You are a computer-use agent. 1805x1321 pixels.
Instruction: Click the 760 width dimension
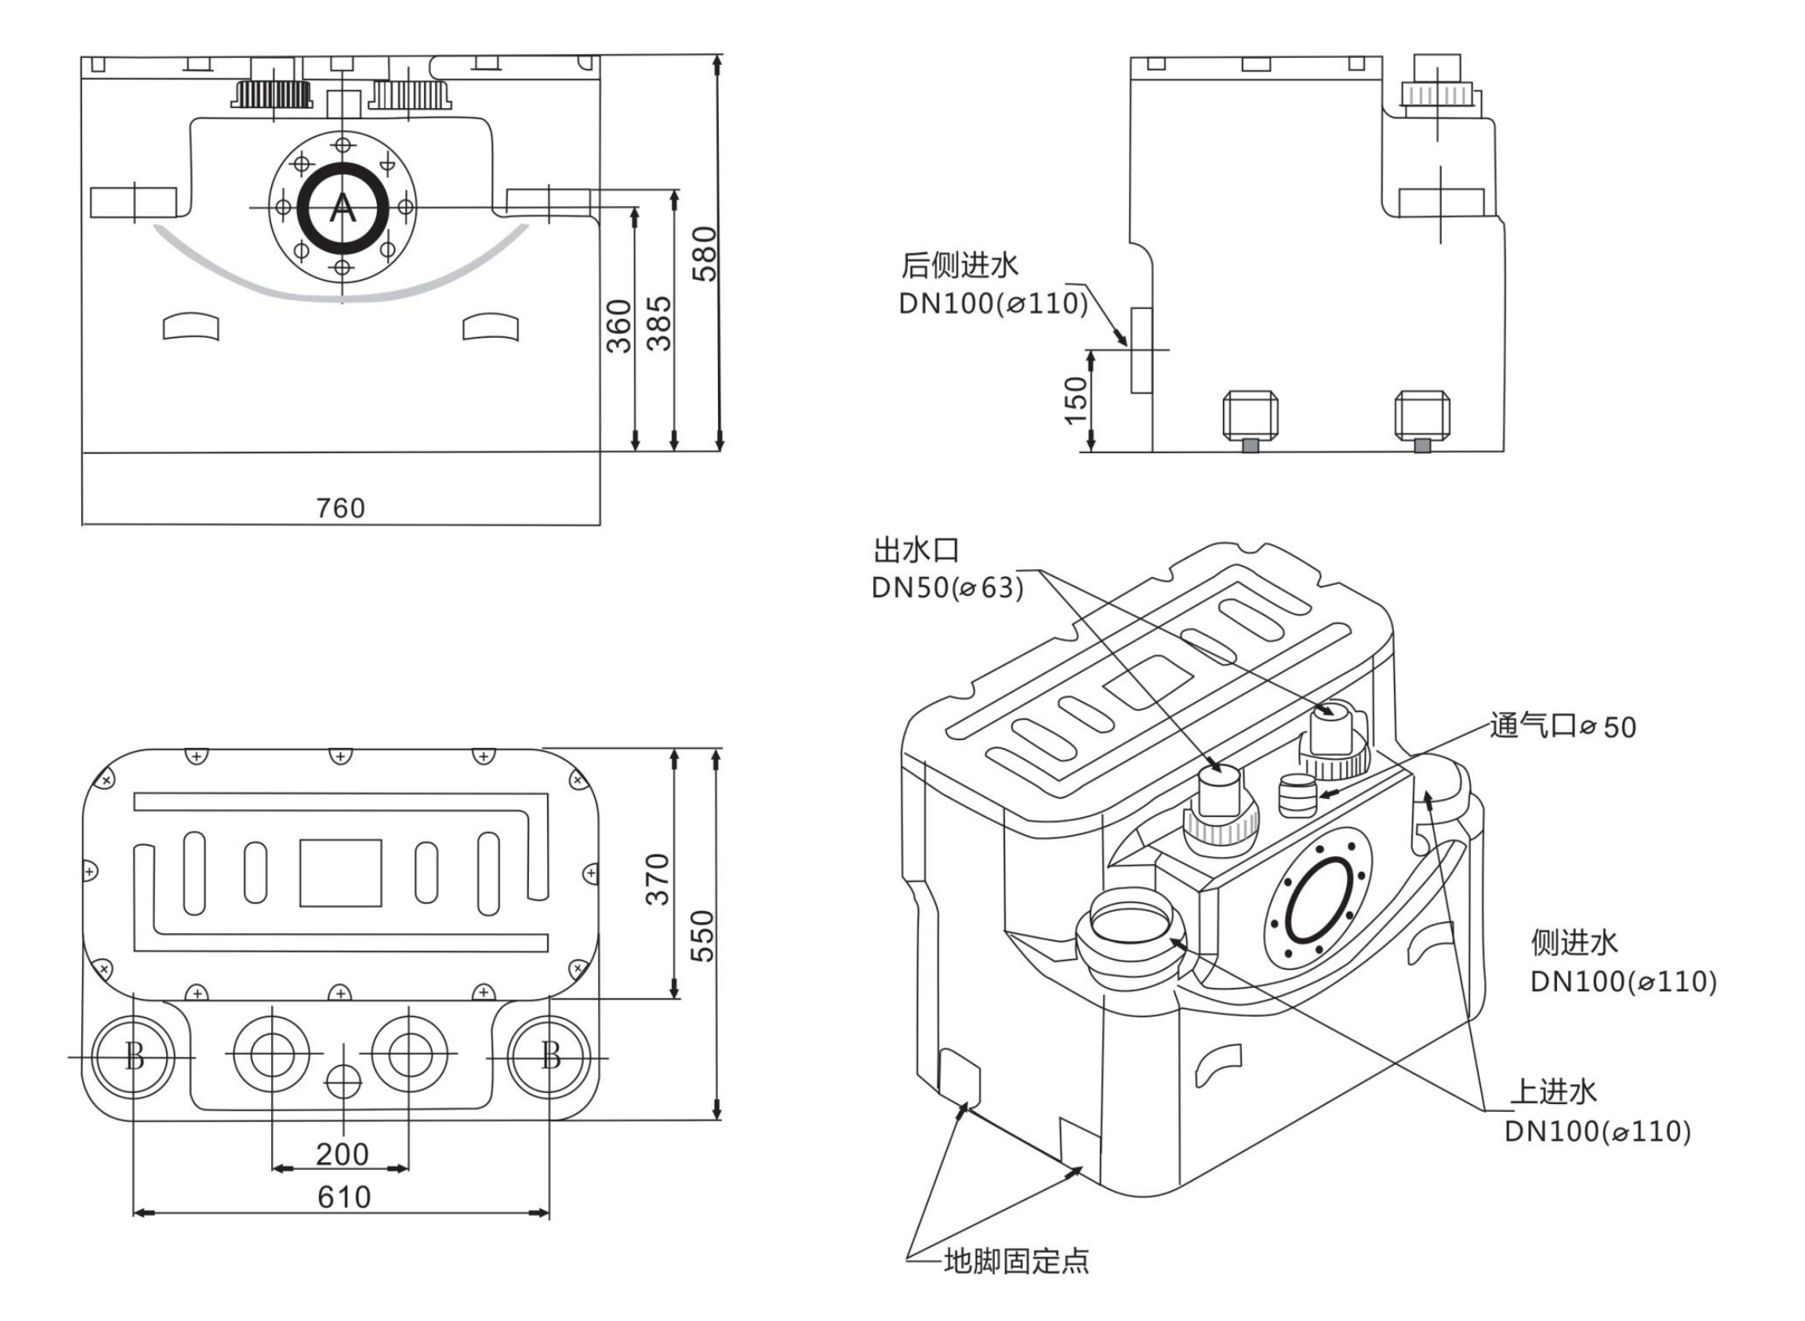coord(340,508)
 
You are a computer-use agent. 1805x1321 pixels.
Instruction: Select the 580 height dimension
coord(705,254)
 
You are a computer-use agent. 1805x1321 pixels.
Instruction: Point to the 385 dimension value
coord(659,323)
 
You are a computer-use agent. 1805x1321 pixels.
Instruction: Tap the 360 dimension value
coord(619,326)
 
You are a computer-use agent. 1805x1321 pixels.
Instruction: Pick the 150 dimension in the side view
coord(1077,400)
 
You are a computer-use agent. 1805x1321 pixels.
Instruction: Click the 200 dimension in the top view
coord(342,1154)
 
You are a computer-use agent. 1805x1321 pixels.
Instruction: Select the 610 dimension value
coord(344,1197)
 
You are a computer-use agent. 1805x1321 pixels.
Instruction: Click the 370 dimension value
coord(658,880)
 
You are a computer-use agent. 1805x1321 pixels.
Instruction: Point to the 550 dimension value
coord(701,936)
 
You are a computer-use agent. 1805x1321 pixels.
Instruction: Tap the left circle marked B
coord(134,1057)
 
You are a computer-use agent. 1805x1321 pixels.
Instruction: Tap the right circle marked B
coord(550,1057)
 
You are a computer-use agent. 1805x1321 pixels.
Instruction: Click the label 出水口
coord(915,550)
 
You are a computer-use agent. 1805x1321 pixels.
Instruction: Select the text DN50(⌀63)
coord(947,587)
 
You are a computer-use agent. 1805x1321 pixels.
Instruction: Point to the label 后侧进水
coord(960,265)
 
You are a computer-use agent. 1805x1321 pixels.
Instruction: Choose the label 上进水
coord(1552,1091)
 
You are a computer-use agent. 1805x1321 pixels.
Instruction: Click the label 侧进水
coord(1574,942)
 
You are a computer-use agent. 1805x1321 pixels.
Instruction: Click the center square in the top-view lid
coord(340,873)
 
